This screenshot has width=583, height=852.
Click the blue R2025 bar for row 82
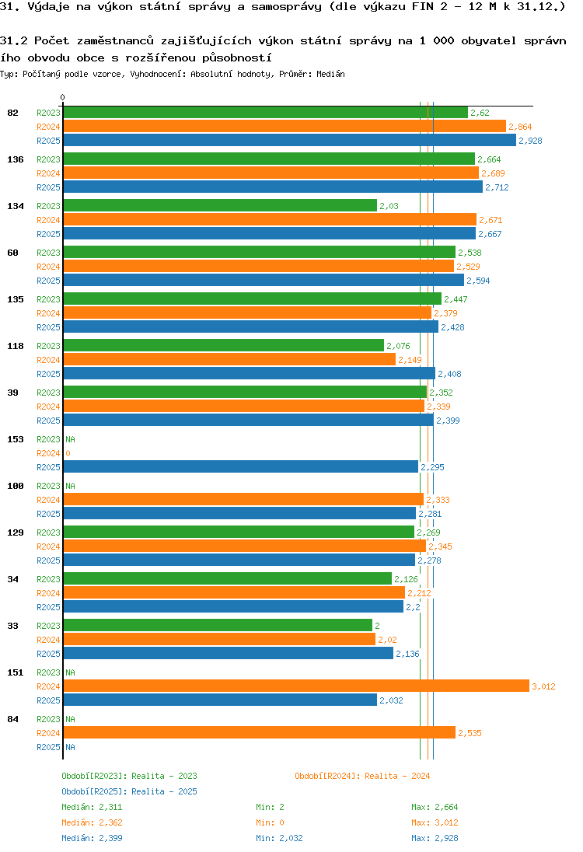click(x=289, y=141)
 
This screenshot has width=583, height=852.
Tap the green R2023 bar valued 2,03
click(x=219, y=206)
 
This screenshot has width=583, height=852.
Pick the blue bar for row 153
click(x=240, y=467)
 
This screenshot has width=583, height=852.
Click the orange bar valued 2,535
click(x=259, y=732)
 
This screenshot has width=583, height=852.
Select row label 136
click(x=15, y=159)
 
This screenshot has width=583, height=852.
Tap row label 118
click(x=15, y=346)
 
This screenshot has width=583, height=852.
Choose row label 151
click(x=15, y=672)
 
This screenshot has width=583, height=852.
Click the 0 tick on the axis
click(x=63, y=98)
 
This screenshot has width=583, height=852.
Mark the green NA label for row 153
click(x=70, y=439)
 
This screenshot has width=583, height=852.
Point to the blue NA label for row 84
click(x=70, y=747)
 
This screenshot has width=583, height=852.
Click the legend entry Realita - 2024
click(x=362, y=776)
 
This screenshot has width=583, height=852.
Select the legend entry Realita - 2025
click(x=129, y=791)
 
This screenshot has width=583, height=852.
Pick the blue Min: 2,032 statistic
click(x=280, y=838)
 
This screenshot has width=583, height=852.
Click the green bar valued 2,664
click(x=268, y=159)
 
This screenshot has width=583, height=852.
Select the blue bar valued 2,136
click(x=228, y=654)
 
